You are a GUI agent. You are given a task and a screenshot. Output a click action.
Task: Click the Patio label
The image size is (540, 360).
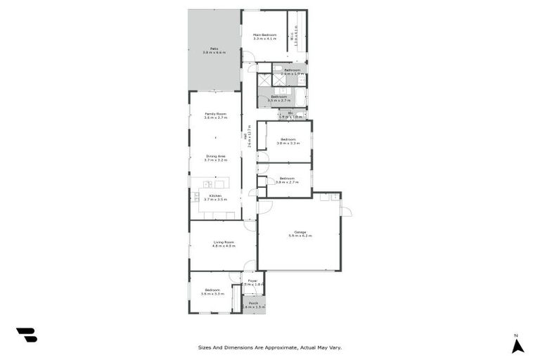click(214, 50)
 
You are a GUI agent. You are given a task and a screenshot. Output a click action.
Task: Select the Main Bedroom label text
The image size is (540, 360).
click(264, 37)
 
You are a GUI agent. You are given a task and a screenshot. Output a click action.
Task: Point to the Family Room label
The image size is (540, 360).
click(215, 115)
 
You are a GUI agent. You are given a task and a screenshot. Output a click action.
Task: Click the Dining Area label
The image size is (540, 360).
click(215, 158)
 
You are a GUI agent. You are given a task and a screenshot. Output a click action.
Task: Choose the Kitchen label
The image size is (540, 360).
click(215, 197)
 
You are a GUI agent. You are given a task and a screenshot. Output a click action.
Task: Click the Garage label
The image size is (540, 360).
click(299, 233)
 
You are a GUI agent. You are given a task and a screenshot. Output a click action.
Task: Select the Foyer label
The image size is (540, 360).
click(252, 282)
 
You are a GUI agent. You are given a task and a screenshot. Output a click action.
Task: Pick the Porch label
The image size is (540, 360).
click(253, 304)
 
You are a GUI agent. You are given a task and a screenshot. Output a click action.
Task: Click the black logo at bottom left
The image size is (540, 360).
click(27, 335)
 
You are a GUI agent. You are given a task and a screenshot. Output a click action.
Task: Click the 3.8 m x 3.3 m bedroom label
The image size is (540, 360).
click(288, 141)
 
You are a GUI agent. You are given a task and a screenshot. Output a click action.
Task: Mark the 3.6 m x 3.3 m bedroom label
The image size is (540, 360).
click(212, 291)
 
